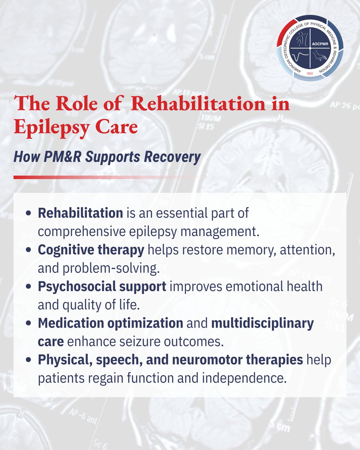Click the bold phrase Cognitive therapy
point(91,250)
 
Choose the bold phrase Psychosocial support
point(102,286)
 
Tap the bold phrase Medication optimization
point(110,323)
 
